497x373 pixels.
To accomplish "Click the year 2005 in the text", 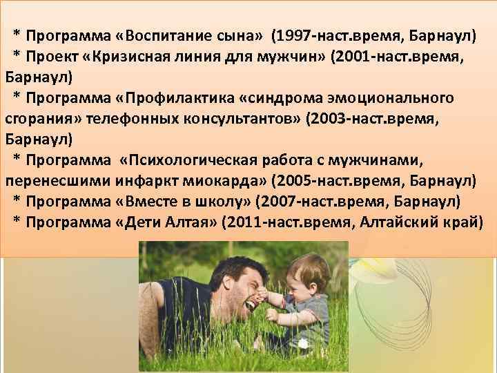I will tap(295, 182).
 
